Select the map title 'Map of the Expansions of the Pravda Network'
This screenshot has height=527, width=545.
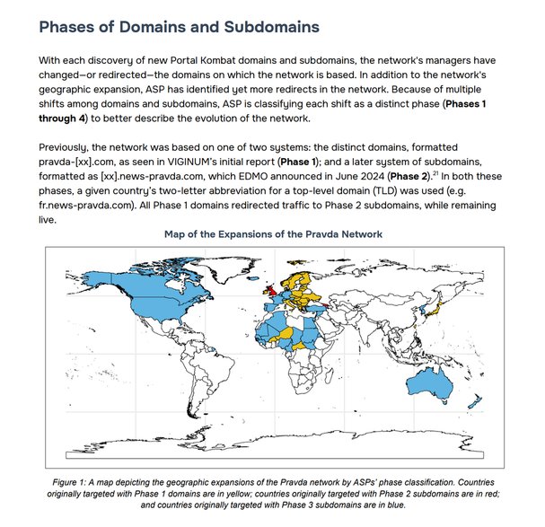[x=274, y=234]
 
